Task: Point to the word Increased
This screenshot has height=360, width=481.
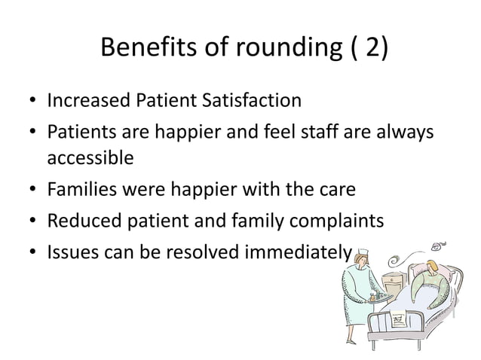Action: (x=84, y=99)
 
